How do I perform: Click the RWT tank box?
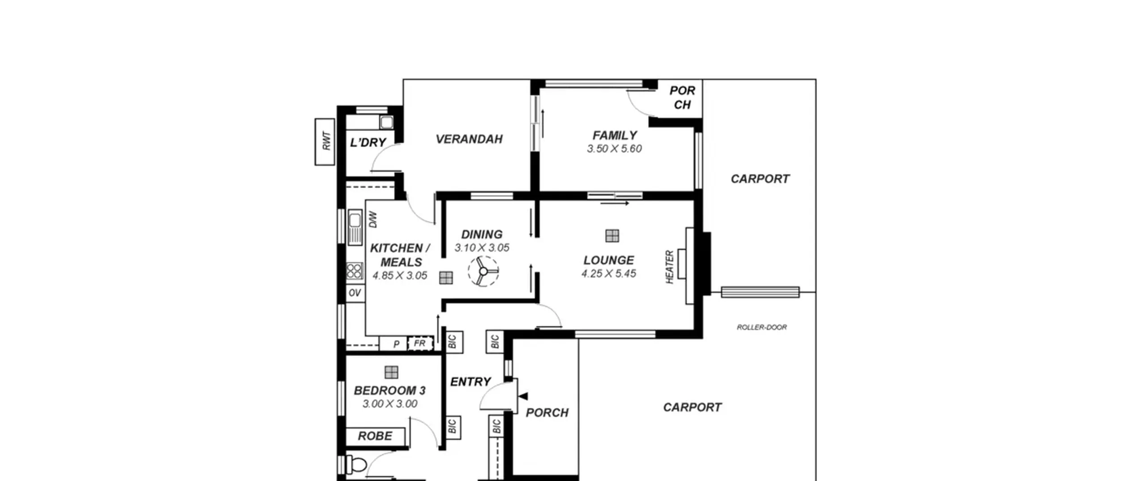click(x=325, y=141)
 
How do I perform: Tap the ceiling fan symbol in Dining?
click(x=483, y=271)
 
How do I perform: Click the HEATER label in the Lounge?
click(x=670, y=267)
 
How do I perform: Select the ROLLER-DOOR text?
click(x=761, y=327)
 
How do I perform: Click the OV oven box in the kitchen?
click(x=355, y=293)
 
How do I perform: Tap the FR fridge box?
click(x=420, y=344)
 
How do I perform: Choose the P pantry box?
click(x=393, y=344)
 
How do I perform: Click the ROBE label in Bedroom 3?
click(x=375, y=436)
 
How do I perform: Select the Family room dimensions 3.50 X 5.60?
click(x=614, y=149)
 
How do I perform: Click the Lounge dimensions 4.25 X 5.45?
click(x=608, y=273)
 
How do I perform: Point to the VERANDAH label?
click(x=469, y=139)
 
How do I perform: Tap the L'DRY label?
click(x=368, y=142)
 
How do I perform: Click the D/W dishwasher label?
click(x=373, y=219)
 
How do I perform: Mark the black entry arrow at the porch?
click(x=523, y=396)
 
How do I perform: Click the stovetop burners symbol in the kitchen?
click(x=355, y=271)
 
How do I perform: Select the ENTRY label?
click(x=470, y=382)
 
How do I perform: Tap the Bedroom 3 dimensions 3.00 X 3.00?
click(x=390, y=404)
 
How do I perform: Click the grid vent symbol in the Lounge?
click(x=612, y=236)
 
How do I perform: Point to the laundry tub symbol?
click(x=386, y=122)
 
